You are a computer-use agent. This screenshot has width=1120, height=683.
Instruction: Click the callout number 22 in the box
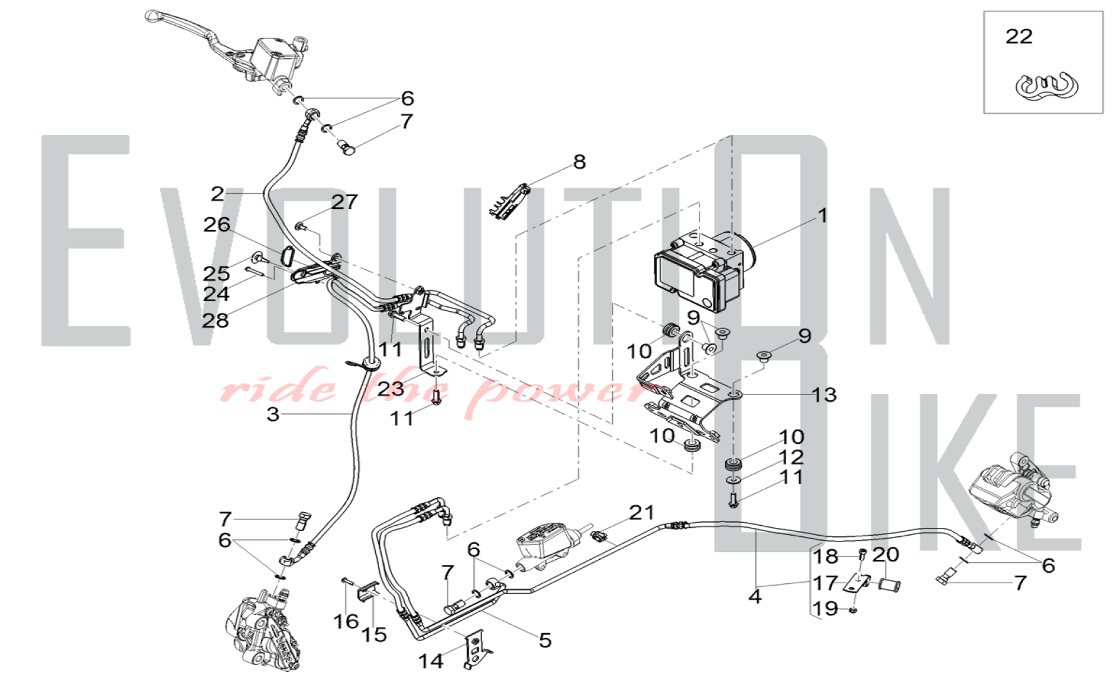(x=1019, y=36)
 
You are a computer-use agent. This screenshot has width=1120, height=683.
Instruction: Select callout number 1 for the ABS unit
(x=822, y=216)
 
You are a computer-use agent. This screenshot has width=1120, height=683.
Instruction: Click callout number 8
(x=579, y=162)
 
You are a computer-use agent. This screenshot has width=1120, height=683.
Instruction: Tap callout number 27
(x=344, y=202)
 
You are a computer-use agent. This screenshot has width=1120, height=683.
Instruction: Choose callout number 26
(x=217, y=224)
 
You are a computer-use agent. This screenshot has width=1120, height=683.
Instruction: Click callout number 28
(x=216, y=320)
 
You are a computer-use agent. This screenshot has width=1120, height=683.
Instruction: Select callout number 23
(x=390, y=388)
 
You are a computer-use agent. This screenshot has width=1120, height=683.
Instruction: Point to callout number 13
(x=824, y=395)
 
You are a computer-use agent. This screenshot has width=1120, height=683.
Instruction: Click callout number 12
(x=791, y=457)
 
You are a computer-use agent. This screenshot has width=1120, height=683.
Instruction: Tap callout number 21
(x=642, y=512)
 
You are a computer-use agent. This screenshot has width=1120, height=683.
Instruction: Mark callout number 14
(x=431, y=661)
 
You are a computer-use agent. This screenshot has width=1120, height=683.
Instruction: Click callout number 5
(x=545, y=640)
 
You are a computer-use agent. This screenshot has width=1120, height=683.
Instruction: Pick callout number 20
(x=886, y=554)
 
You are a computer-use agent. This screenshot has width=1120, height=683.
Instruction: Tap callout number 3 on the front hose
(x=273, y=414)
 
